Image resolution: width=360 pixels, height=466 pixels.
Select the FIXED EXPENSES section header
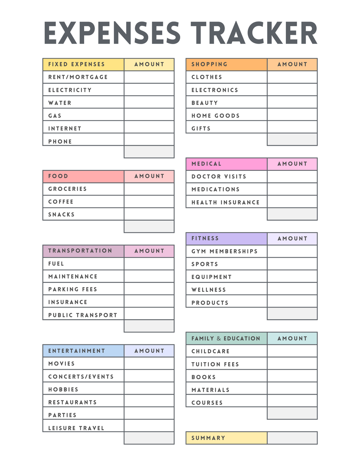click(76, 64)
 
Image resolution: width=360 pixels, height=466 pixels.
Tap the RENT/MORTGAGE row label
click(78, 77)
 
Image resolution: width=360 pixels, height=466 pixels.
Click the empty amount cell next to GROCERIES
click(149, 189)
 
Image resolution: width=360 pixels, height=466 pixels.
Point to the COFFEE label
click(61, 202)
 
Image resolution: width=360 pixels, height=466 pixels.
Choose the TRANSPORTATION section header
click(80, 251)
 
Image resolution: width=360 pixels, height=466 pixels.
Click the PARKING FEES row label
click(73, 289)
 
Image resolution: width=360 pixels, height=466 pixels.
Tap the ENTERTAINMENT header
click(77, 351)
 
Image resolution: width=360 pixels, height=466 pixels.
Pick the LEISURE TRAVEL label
click(76, 428)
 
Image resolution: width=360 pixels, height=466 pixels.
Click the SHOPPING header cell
click(210, 64)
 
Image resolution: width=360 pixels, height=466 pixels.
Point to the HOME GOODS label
click(215, 116)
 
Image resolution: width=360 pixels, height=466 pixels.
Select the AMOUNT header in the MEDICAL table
click(292, 164)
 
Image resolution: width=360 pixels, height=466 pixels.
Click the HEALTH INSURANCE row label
click(225, 202)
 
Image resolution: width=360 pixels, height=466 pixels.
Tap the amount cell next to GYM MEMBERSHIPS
click(292, 251)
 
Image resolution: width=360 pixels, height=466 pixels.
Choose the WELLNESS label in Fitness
click(208, 290)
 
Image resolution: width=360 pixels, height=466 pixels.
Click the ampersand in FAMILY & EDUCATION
click(219, 338)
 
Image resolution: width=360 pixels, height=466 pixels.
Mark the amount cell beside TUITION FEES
click(292, 364)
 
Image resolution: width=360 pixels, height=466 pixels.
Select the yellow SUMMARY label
click(208, 438)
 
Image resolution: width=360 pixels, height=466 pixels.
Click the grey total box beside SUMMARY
click(292, 438)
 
